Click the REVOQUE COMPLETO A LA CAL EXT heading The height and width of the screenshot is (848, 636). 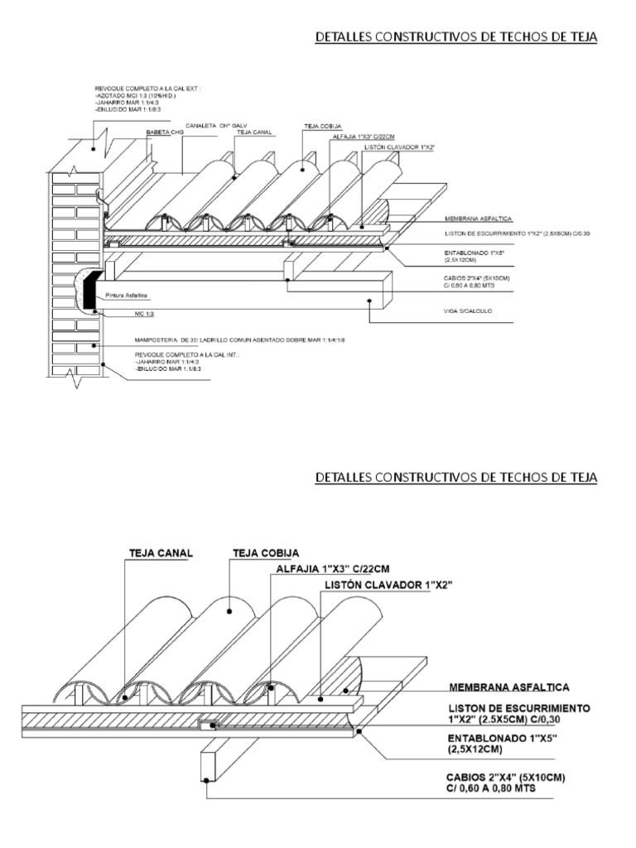(148, 86)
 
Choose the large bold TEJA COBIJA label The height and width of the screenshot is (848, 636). (267, 552)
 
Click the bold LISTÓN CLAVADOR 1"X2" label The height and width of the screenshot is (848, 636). (390, 585)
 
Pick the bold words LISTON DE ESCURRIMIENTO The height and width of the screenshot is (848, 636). (518, 709)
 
